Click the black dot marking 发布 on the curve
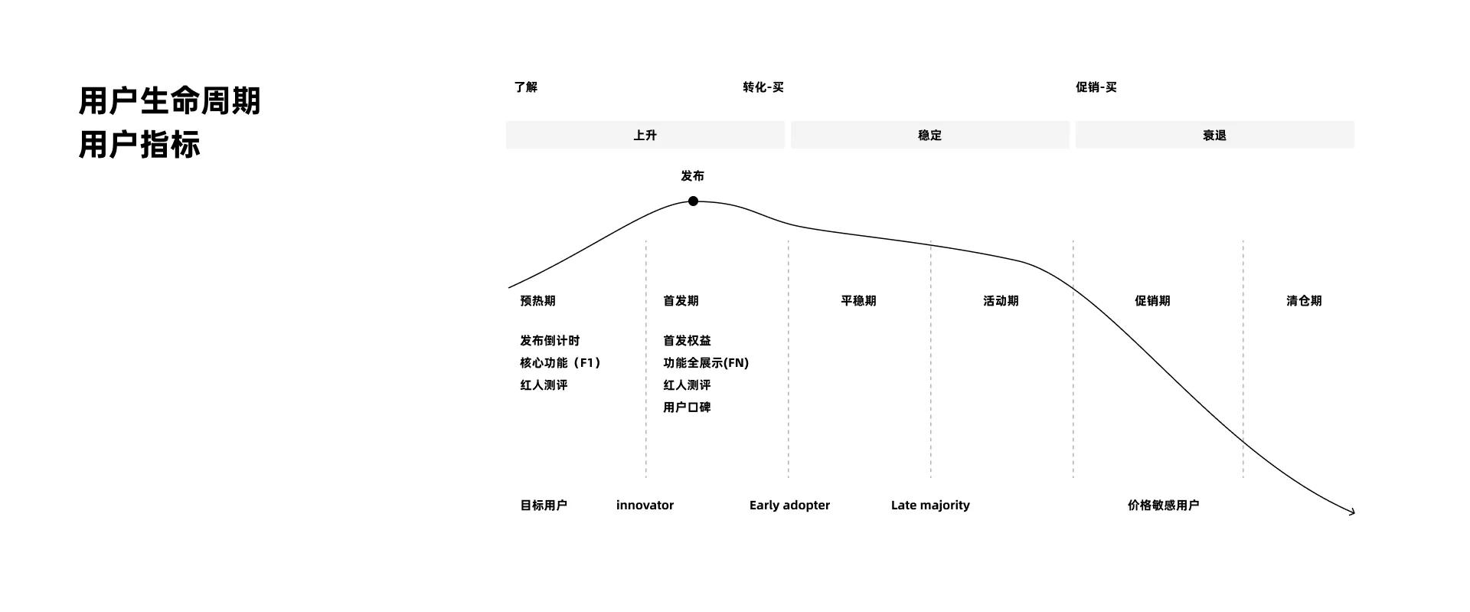click(693, 201)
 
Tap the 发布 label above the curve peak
click(692, 176)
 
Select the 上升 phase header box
click(645, 135)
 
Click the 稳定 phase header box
click(929, 135)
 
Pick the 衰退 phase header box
click(1214, 135)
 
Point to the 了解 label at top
click(526, 87)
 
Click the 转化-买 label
click(763, 87)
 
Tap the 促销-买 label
click(1096, 87)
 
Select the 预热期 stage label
click(537, 301)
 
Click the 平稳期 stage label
click(858, 301)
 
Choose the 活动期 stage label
click(1001, 301)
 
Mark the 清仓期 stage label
click(1304, 301)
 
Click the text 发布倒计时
click(550, 341)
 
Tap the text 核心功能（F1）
click(561, 363)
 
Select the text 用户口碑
click(687, 407)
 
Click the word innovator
click(645, 506)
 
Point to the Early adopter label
click(789, 506)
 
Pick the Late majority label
click(930, 506)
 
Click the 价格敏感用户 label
click(1163, 506)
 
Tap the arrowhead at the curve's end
click(1354, 512)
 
